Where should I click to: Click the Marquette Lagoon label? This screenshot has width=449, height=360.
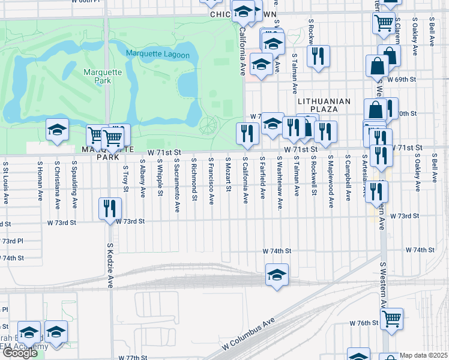pyautogui.click(x=158, y=55)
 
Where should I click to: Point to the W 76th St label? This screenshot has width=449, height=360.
pyautogui.click(x=365, y=322)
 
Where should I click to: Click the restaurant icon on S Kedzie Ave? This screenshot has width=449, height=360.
pyautogui.click(x=109, y=209)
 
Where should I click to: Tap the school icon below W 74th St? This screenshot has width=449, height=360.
pyautogui.click(x=277, y=275)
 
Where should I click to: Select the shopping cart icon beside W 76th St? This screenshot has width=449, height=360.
pyautogui.click(x=392, y=318)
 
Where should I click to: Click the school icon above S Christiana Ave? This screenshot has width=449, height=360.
pyautogui.click(x=57, y=130)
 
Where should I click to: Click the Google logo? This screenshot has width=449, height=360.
pyautogui.click(x=20, y=353)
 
